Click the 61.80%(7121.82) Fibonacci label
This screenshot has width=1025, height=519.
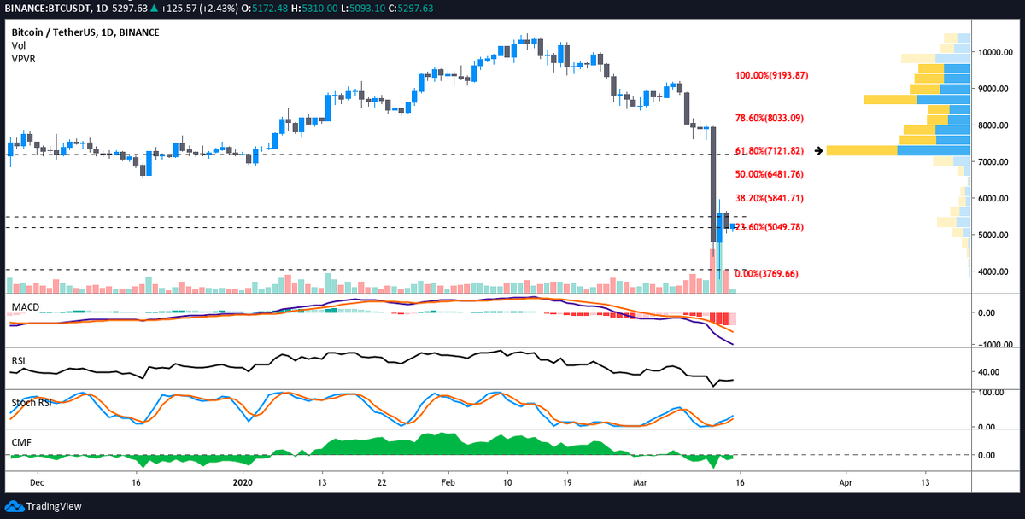(770, 151)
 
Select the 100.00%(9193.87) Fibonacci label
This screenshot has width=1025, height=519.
(772, 76)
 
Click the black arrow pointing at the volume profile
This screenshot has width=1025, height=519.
(818, 151)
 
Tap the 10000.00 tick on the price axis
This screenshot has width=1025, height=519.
(996, 52)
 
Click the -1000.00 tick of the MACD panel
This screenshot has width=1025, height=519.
(996, 345)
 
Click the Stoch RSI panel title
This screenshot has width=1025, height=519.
(31, 402)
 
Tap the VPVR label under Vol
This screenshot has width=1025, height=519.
(23, 59)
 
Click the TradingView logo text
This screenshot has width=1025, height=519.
(49, 506)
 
